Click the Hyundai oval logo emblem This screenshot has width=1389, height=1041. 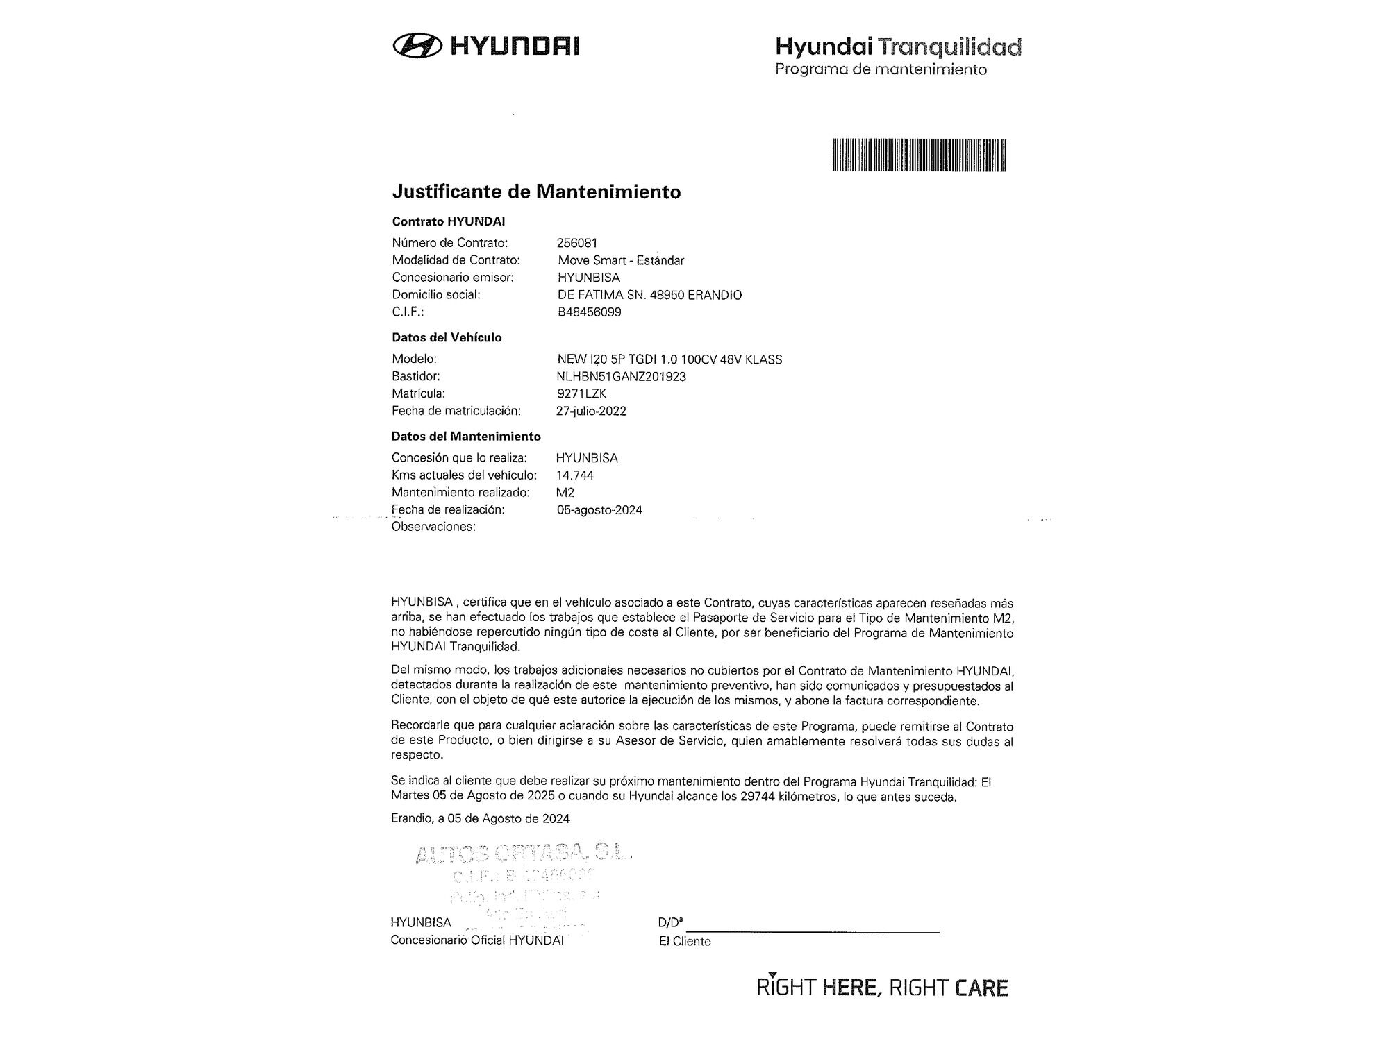(417, 46)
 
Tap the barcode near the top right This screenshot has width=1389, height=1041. (919, 155)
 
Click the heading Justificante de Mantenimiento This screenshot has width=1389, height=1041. (536, 192)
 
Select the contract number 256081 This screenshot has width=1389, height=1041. (576, 243)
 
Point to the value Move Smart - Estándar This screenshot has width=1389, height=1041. (621, 260)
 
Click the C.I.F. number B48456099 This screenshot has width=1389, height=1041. (589, 312)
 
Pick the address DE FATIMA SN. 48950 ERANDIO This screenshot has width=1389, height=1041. (649, 295)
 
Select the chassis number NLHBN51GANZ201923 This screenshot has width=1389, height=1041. (621, 376)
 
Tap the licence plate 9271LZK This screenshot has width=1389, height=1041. (581, 393)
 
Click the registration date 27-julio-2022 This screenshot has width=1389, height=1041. (590, 411)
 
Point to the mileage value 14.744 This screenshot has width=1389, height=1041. (574, 475)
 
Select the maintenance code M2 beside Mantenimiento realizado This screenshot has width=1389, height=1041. (565, 492)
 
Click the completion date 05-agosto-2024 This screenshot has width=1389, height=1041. (599, 510)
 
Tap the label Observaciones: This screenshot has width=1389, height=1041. (433, 527)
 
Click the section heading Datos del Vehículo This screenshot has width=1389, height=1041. (446, 337)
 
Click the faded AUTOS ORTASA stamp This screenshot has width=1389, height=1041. (524, 854)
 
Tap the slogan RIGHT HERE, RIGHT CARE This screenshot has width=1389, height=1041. (882, 988)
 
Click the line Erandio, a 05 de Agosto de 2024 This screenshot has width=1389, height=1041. (480, 818)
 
